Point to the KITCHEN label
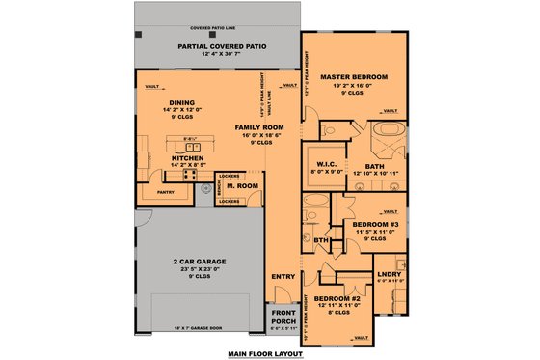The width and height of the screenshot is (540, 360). [x=186, y=156]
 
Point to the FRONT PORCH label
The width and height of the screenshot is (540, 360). [x=283, y=317]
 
